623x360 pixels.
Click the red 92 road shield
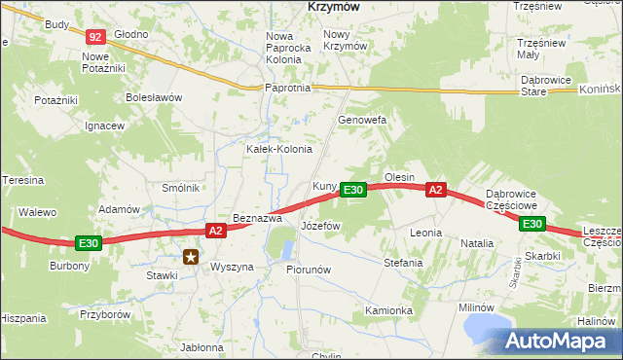(94, 37)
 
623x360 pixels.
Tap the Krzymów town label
(334, 6)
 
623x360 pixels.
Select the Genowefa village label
(362, 120)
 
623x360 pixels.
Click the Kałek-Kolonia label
(278, 149)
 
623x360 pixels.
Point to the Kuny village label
(324, 186)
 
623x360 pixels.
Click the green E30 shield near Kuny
(353, 190)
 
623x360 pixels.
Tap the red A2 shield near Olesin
(436, 190)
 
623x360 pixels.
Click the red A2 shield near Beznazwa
(216, 231)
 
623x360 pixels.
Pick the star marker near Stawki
(192, 258)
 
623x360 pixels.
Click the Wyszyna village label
(232, 267)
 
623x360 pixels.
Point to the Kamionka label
(388, 310)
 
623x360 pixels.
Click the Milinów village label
(477, 307)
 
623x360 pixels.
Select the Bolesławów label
(154, 97)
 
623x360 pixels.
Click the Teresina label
(23, 180)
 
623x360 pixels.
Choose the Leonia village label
(426, 234)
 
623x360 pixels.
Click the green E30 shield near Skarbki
(531, 224)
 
